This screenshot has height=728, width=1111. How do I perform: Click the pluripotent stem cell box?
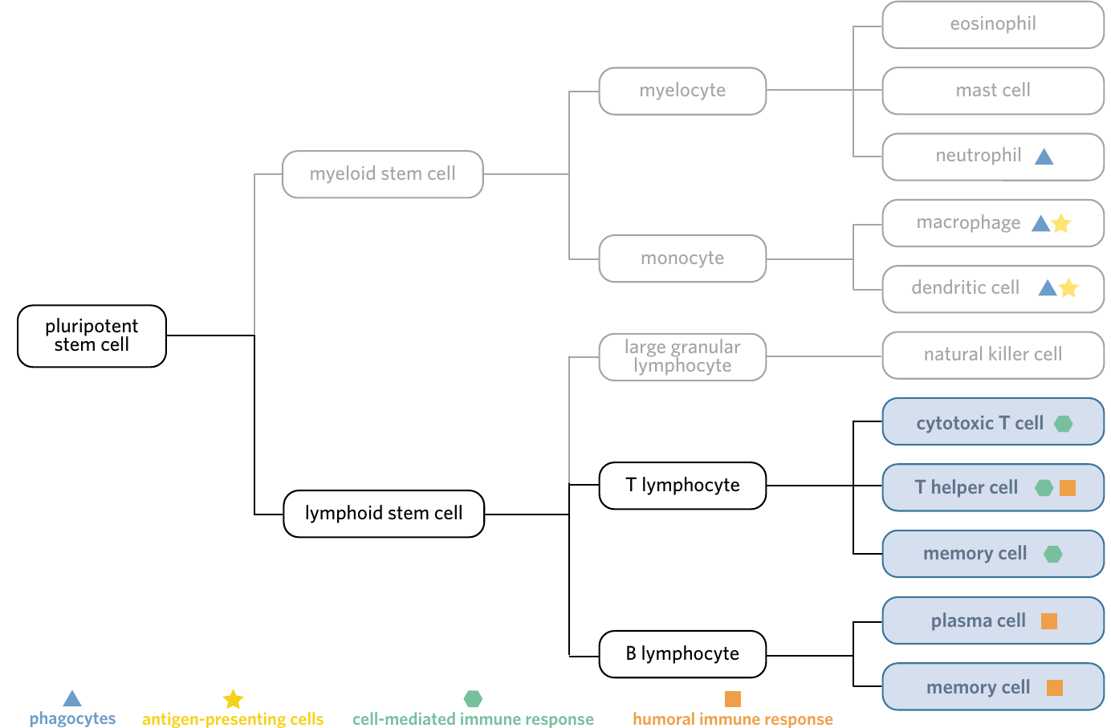(x=92, y=336)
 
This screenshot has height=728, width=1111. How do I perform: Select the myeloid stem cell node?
(x=383, y=174)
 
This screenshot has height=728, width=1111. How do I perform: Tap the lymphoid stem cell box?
(x=384, y=513)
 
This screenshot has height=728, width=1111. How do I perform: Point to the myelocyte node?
(x=682, y=92)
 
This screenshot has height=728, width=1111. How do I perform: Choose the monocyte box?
(x=682, y=258)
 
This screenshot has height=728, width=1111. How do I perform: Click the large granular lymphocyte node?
(x=682, y=356)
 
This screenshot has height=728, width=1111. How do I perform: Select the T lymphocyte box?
(x=682, y=486)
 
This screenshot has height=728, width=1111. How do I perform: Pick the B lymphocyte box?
(x=682, y=654)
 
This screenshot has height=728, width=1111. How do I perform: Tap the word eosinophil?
(x=993, y=24)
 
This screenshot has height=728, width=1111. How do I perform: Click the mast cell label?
(x=993, y=90)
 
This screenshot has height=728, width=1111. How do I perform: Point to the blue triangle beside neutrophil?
(x=1044, y=157)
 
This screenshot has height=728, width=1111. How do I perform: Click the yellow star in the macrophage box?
(x=1061, y=223)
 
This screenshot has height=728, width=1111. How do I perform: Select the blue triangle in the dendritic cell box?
(x=1048, y=287)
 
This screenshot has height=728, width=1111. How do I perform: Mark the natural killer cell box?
(x=993, y=356)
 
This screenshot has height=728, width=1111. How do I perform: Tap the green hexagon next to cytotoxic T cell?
(x=1064, y=424)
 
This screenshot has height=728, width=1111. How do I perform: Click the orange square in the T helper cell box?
(x=1068, y=488)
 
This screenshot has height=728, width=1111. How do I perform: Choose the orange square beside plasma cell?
(x=1049, y=621)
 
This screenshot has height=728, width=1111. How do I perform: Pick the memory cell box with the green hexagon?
(x=993, y=554)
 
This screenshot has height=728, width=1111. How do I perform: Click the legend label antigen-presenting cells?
(x=233, y=719)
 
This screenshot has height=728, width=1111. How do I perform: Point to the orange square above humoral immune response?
(x=733, y=699)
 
